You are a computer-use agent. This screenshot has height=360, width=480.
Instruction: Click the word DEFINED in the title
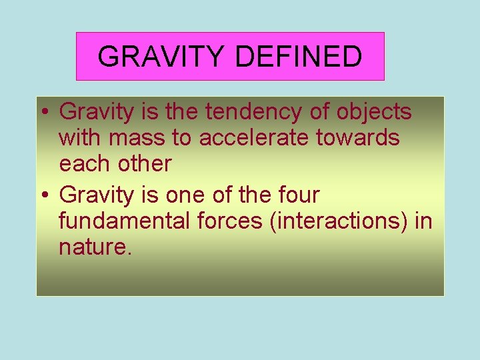[298, 57]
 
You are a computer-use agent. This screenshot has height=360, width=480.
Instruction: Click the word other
[143, 163]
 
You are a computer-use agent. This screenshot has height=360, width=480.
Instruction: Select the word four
[297, 195]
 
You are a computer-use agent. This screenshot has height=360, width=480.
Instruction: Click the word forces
[229, 221]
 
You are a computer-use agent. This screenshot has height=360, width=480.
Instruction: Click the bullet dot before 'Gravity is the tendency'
[45, 113]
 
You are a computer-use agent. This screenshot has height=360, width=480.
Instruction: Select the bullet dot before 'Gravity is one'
[45, 197]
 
